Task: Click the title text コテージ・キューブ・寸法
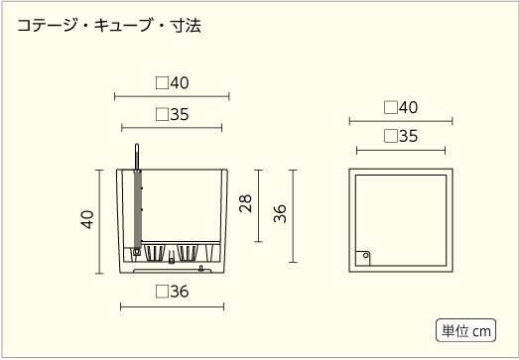[109, 27]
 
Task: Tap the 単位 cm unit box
[465, 330]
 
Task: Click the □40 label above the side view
[172, 83]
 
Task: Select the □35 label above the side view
[172, 114]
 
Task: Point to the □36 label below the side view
[172, 292]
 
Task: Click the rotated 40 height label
[87, 219]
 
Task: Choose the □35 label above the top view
[400, 137]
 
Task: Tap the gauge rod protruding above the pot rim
[136, 157]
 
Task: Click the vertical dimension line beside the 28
[260, 206]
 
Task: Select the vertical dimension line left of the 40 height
[99, 221]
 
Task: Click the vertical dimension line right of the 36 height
[294, 215]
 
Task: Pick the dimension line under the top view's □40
[400, 121]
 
